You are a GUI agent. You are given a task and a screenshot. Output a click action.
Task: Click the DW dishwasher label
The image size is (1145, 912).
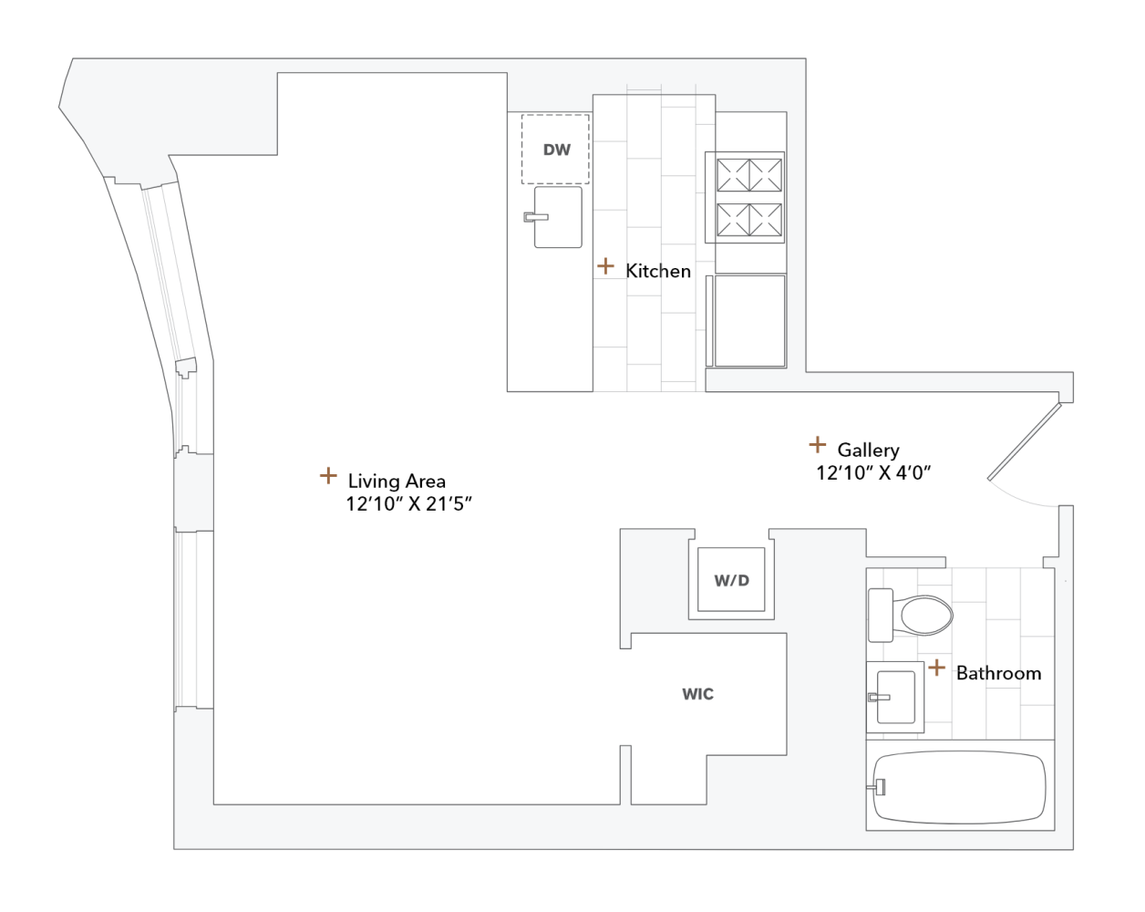(x=556, y=150)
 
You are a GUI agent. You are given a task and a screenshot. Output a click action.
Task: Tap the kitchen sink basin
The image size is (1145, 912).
(x=559, y=217)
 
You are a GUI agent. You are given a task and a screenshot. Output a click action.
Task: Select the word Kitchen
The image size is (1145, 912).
(x=658, y=271)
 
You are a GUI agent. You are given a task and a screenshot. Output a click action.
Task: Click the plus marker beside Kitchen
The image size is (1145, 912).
(x=605, y=266)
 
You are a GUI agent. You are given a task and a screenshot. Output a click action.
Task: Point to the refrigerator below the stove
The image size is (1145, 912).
(x=749, y=320)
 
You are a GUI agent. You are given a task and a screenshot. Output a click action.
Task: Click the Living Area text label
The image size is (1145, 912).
(x=397, y=481)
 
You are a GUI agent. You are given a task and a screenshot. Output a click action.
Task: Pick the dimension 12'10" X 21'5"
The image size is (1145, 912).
(x=408, y=504)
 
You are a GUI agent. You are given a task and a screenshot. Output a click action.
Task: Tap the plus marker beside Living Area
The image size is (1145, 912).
(x=328, y=476)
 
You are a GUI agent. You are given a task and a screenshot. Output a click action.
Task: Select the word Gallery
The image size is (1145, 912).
(x=868, y=450)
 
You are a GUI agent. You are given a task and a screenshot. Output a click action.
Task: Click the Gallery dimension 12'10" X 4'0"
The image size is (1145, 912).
(x=872, y=472)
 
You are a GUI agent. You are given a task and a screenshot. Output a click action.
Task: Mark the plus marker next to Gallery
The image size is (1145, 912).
(x=818, y=445)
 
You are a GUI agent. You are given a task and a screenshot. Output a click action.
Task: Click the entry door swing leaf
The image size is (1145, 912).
(x=1026, y=441)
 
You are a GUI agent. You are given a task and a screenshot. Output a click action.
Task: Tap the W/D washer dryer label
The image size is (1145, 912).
(x=731, y=581)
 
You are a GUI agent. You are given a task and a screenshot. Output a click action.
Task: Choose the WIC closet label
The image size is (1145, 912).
(x=697, y=694)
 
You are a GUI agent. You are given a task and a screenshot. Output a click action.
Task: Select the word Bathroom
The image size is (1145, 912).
(x=998, y=673)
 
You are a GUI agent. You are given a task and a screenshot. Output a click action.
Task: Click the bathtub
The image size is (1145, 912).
(x=962, y=787)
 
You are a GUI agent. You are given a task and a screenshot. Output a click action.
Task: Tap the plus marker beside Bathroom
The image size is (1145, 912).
(x=936, y=668)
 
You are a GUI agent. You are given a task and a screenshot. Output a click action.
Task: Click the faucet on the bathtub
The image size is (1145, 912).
(x=880, y=787)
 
